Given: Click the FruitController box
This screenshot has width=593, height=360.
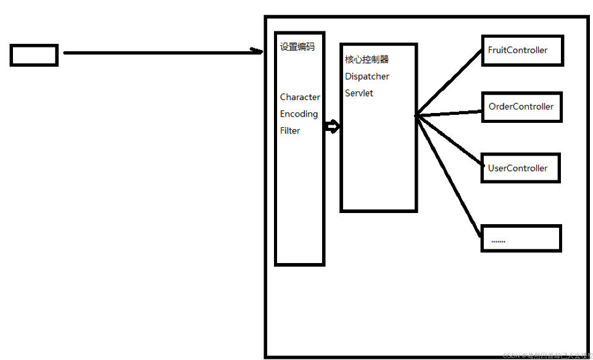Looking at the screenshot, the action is (521, 50).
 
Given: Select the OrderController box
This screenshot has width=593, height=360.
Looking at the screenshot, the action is (521, 107).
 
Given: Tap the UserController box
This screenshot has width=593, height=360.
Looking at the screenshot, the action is (520, 168).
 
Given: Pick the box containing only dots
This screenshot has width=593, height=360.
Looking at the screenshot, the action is (521, 239).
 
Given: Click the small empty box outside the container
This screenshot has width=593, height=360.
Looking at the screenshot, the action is (34, 55).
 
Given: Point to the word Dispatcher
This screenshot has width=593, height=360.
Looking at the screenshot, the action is (367, 77).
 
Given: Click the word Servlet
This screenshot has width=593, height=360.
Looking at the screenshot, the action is (359, 93).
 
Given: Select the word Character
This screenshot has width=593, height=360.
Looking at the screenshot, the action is (300, 97).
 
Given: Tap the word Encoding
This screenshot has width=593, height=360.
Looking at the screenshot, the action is (299, 114).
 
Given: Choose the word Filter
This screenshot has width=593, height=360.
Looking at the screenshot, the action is (290, 130).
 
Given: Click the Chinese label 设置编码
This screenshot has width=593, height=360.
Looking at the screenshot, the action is (297, 47).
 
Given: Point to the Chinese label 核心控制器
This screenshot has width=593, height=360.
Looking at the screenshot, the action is (367, 60).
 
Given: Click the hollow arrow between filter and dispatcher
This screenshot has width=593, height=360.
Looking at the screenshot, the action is (332, 127).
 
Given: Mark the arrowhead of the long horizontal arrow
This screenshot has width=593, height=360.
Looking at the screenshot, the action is (258, 51).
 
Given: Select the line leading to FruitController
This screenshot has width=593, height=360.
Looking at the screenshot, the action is (449, 83).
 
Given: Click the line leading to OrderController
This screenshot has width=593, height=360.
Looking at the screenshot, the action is (449, 113).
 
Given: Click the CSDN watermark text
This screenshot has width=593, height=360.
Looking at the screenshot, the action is (547, 355).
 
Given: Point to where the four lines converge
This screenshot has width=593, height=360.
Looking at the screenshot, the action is (417, 115).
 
